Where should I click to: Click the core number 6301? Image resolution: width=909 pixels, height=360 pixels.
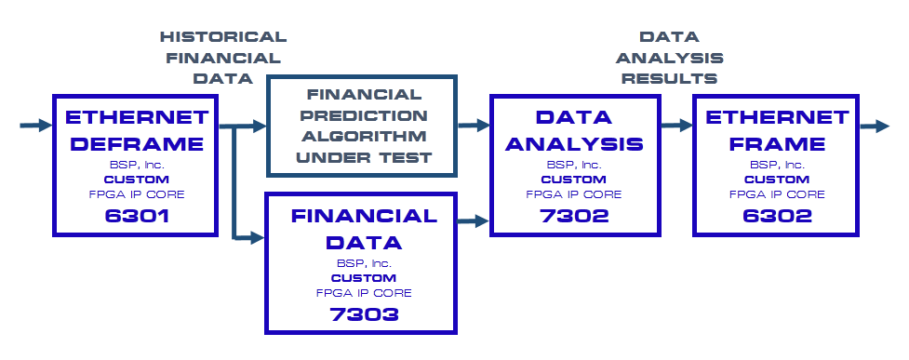pyautogui.click(x=137, y=216)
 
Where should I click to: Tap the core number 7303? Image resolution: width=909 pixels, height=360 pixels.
pyautogui.click(x=364, y=314)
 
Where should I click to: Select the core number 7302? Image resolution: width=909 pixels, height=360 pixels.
pyautogui.click(x=574, y=216)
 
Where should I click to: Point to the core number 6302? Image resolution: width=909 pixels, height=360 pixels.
pyautogui.click(x=778, y=216)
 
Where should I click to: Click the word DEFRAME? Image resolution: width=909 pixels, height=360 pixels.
pyautogui.click(x=137, y=143)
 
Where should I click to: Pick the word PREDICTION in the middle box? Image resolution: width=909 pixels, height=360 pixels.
pyautogui.click(x=364, y=115)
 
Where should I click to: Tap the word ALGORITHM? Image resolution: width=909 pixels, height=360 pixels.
pyautogui.click(x=364, y=136)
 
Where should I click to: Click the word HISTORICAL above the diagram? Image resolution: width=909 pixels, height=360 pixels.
pyautogui.click(x=223, y=37)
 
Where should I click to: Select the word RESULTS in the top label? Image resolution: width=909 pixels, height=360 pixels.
pyautogui.click(x=670, y=78)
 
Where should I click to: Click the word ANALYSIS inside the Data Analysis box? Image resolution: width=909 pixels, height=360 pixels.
pyautogui.click(x=574, y=143)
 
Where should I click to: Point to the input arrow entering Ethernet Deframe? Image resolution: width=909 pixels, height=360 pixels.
pyautogui.click(x=36, y=126)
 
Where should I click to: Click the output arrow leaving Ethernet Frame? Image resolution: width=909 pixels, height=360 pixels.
pyautogui.click(x=875, y=126)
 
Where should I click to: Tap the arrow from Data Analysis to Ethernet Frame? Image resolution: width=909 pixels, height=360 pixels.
pyautogui.click(x=677, y=126)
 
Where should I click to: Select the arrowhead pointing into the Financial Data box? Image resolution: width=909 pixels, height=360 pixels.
pyautogui.click(x=258, y=236)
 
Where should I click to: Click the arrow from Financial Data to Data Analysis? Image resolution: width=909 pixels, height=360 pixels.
pyautogui.click(x=474, y=220)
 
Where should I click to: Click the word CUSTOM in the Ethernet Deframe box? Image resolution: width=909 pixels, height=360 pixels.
pyautogui.click(x=137, y=180)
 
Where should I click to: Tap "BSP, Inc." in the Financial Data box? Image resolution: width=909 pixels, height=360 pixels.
pyautogui.click(x=364, y=263)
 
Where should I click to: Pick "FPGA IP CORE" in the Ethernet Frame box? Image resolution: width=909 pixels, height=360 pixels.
pyautogui.click(x=778, y=194)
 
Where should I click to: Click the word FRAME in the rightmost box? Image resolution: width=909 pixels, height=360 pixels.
pyautogui.click(x=778, y=143)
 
